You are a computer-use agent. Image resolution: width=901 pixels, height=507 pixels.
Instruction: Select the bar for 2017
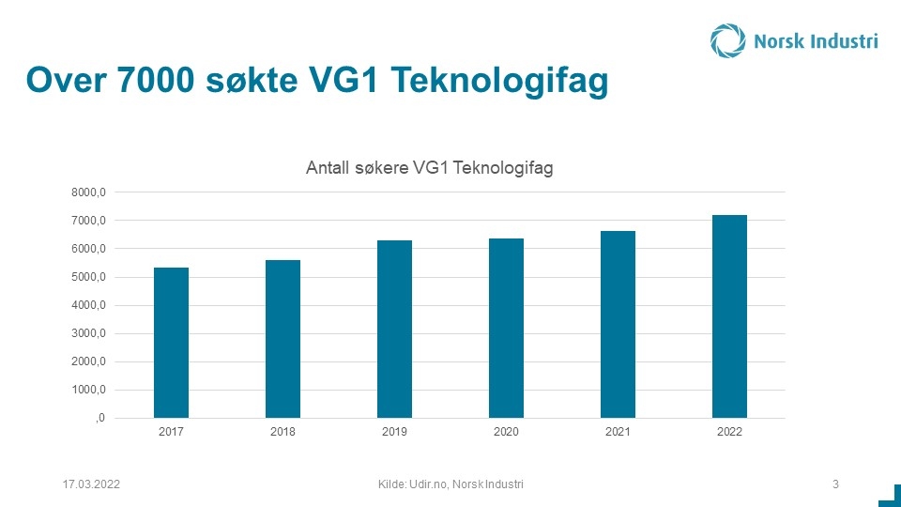pyautogui.click(x=171, y=343)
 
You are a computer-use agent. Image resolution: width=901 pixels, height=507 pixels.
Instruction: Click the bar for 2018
pyautogui.click(x=283, y=339)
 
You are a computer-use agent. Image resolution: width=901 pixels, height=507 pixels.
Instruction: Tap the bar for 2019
pyautogui.click(x=394, y=330)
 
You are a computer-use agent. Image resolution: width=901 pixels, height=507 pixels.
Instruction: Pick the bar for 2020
pyautogui.click(x=506, y=329)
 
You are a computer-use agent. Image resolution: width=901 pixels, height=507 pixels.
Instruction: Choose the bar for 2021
pyautogui.click(x=618, y=325)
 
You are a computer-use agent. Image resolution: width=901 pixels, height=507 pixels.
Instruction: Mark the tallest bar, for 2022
pyautogui.click(x=730, y=316)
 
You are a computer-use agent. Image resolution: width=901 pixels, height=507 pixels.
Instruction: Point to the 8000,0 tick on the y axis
pyautogui.click(x=88, y=192)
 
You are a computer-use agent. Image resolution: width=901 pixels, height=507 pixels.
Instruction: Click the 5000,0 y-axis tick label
pyautogui.click(x=88, y=277)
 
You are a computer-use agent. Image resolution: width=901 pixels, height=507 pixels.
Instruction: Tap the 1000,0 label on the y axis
pyautogui.click(x=88, y=390)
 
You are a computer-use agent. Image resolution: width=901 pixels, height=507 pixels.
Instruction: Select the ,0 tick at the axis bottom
pyautogui.click(x=100, y=418)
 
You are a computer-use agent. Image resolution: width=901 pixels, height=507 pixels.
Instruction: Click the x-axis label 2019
pyautogui.click(x=394, y=432)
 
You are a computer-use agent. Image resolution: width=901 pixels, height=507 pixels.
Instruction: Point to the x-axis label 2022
pyautogui.click(x=730, y=432)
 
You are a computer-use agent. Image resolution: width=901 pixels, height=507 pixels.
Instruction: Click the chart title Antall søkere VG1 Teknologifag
pyautogui.click(x=429, y=168)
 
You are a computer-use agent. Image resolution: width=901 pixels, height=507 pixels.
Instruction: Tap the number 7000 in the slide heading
pyautogui.click(x=156, y=80)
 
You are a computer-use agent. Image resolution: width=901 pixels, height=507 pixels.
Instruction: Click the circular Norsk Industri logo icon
pyautogui.click(x=727, y=40)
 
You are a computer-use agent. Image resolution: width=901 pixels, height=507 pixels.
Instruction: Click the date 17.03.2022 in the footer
pyautogui.click(x=91, y=484)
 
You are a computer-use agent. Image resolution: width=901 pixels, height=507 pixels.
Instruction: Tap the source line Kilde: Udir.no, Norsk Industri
pyautogui.click(x=450, y=484)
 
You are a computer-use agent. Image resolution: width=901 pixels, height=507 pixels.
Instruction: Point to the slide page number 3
pyautogui.click(x=835, y=484)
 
